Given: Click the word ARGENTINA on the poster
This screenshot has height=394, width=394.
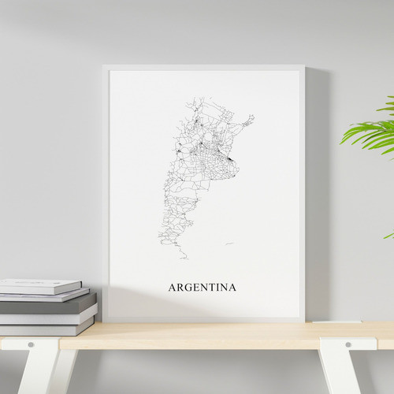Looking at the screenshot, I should [202, 288].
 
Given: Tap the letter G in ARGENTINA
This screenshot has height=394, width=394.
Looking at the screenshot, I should [186, 288].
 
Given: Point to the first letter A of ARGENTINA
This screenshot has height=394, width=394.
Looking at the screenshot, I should [171, 288].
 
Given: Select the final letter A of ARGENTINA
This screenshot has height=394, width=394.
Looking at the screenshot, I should [232, 288].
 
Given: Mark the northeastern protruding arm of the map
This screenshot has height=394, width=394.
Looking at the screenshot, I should [248, 121].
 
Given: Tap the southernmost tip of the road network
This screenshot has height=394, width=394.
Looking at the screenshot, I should [184, 257].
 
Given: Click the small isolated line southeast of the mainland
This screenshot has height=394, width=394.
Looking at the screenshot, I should [229, 243].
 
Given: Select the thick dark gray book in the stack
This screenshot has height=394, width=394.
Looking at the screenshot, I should [47, 306].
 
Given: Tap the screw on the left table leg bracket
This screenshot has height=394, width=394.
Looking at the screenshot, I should [31, 345].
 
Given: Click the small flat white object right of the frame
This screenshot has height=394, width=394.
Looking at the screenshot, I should [325, 321].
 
